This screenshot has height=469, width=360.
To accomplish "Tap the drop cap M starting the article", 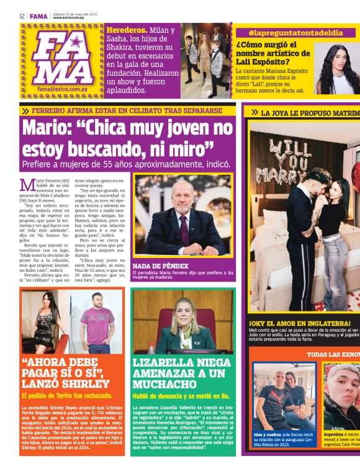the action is point(26,184).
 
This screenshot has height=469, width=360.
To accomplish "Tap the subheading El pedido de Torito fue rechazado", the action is point(67,396).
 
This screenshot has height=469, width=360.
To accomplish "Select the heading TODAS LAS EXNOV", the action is point(332,355).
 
